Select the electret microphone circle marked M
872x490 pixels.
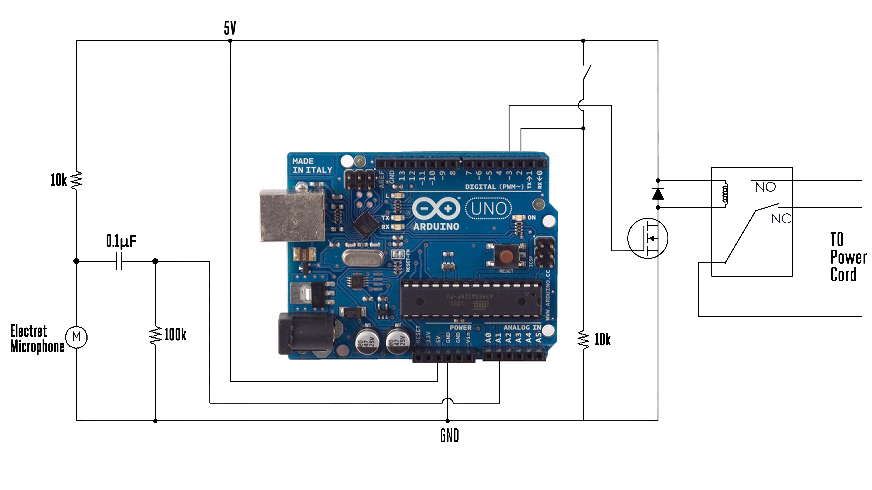pyautogui.click(x=76, y=336)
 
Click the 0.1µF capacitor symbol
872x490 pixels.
pyautogui.click(x=119, y=261)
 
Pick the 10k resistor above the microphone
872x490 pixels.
pyautogui.click(x=76, y=180)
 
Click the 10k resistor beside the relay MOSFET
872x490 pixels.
pyautogui.click(x=583, y=339)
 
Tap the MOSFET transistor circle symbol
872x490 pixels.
pyautogui.click(x=648, y=238)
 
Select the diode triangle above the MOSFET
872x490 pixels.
pyautogui.click(x=658, y=194)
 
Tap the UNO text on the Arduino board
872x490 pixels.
pyautogui.click(x=488, y=208)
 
